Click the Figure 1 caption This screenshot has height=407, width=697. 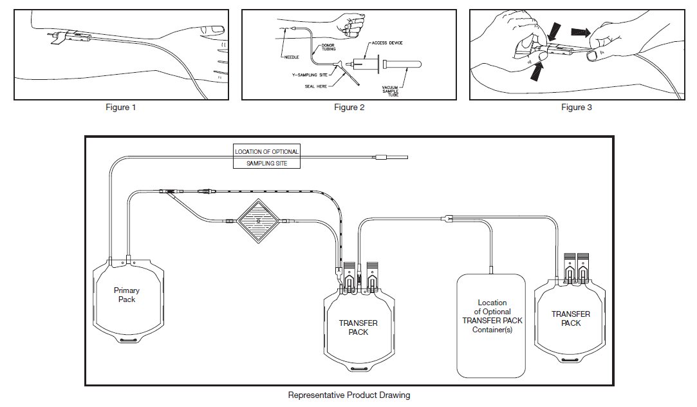120,108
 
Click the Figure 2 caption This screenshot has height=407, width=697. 349,108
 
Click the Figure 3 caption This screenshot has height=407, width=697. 576,108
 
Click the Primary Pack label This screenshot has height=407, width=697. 127,295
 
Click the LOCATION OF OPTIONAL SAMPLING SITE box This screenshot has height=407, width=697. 267,158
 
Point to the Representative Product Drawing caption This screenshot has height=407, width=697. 349,395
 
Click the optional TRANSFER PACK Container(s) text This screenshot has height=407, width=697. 492,316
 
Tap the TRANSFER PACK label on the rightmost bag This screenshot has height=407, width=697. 571,319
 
